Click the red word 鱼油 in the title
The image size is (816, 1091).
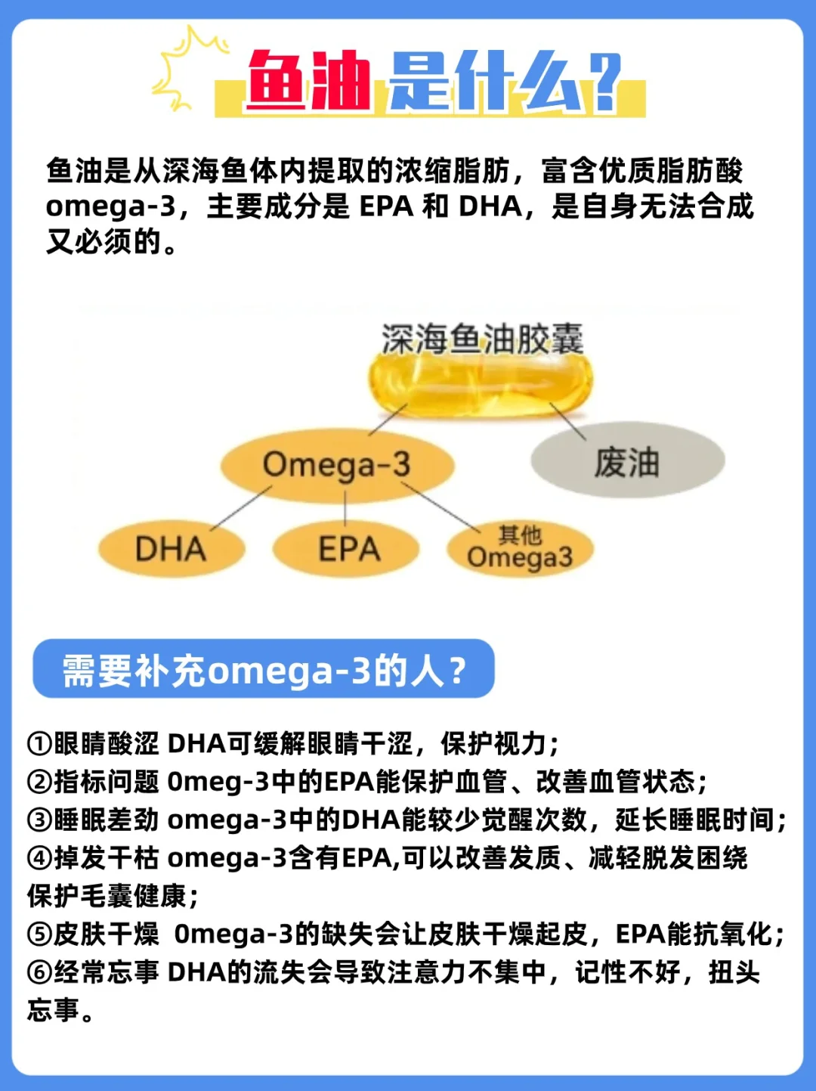point(308,80)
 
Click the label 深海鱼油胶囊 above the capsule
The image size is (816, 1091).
point(482,339)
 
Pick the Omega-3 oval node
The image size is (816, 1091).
point(337,464)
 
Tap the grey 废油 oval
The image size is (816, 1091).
point(627,461)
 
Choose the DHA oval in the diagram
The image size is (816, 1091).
point(171,549)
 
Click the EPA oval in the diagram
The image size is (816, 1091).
point(348,549)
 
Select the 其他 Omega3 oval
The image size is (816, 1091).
point(520,550)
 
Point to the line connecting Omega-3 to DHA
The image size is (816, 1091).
point(240,508)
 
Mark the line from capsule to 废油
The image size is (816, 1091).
point(568,420)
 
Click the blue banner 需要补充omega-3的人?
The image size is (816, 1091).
point(264,669)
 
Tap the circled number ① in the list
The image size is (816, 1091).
point(39,744)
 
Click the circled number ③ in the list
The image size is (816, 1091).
point(39,820)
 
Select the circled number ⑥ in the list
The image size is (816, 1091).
point(39,972)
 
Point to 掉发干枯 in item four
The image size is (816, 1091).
point(107,858)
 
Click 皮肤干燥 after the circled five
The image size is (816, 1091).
point(107,934)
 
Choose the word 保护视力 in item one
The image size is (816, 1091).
point(493,744)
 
